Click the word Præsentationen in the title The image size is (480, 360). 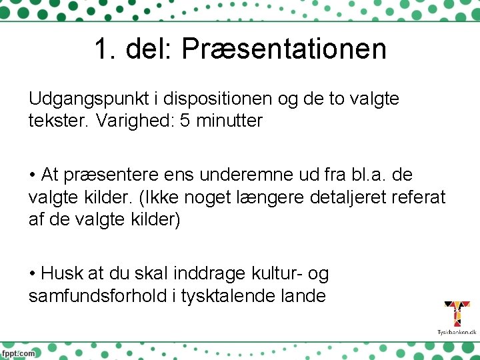(283, 49)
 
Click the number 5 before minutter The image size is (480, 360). (185, 121)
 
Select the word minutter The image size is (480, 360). (229, 121)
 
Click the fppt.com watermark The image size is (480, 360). (18, 353)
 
